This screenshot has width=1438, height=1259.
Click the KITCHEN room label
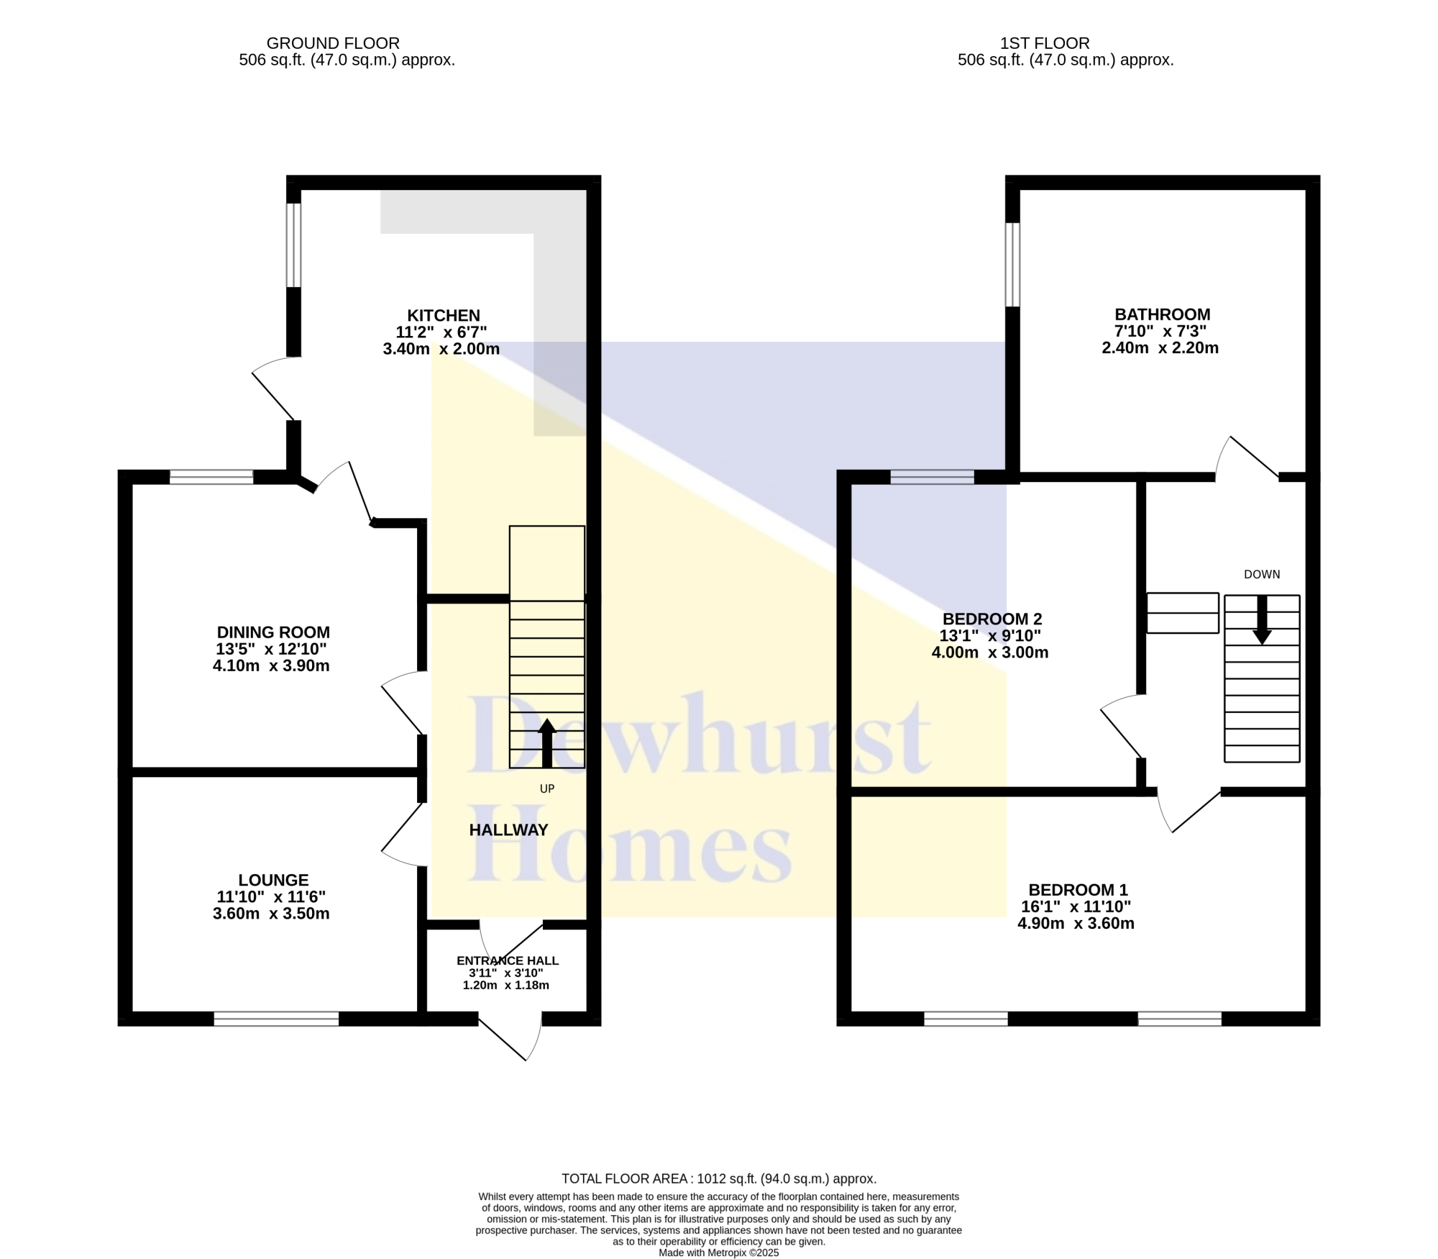point(444,315)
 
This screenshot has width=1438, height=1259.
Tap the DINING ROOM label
point(273,632)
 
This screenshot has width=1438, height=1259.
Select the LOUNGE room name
point(273,880)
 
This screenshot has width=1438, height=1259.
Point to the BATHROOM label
point(1163,314)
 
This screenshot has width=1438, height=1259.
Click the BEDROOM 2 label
point(992,619)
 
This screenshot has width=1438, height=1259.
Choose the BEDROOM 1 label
point(1078,890)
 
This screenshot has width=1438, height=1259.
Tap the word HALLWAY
point(509,830)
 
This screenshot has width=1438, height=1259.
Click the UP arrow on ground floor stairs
point(547,743)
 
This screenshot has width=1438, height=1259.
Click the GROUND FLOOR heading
point(333,44)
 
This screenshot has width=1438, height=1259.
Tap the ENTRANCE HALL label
point(508,960)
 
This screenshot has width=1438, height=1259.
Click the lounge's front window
point(276,1019)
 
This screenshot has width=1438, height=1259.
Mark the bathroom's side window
point(1012,265)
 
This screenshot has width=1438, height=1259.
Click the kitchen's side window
point(293,245)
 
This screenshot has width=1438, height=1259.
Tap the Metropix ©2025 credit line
point(719,1253)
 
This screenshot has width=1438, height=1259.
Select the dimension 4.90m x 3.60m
point(1076,924)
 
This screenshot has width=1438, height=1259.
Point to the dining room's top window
point(211,477)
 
